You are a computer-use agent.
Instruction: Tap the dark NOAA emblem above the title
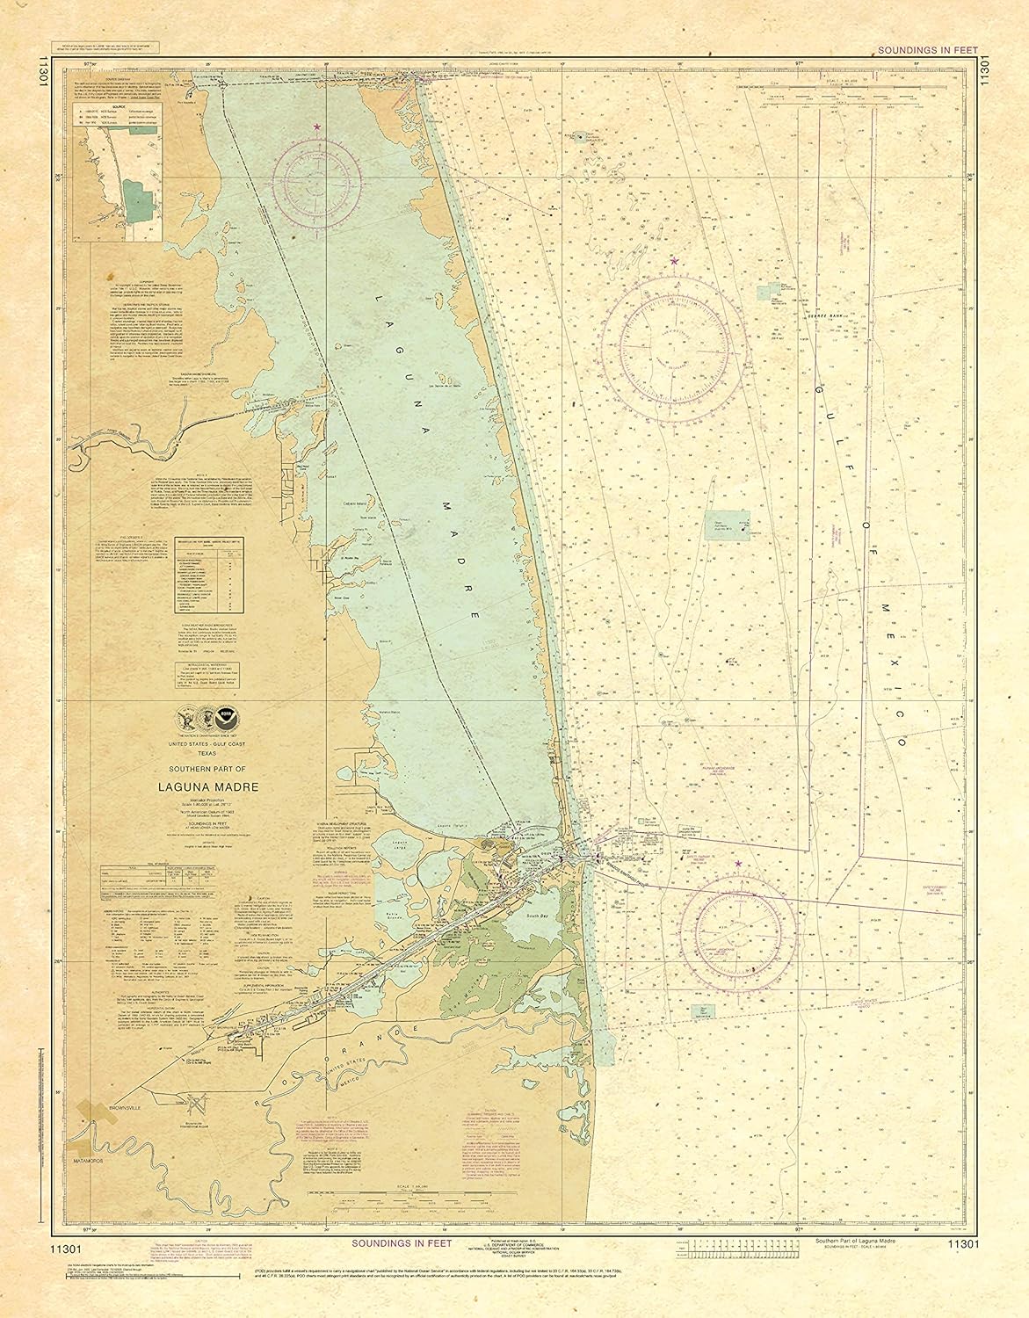[x=229, y=713]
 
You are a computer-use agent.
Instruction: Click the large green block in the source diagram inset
[x=138, y=200]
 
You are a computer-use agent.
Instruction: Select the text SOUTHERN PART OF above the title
[x=207, y=771]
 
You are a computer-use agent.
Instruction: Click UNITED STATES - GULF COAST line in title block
[x=207, y=744]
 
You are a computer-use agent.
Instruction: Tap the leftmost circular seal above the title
[x=186, y=713]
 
